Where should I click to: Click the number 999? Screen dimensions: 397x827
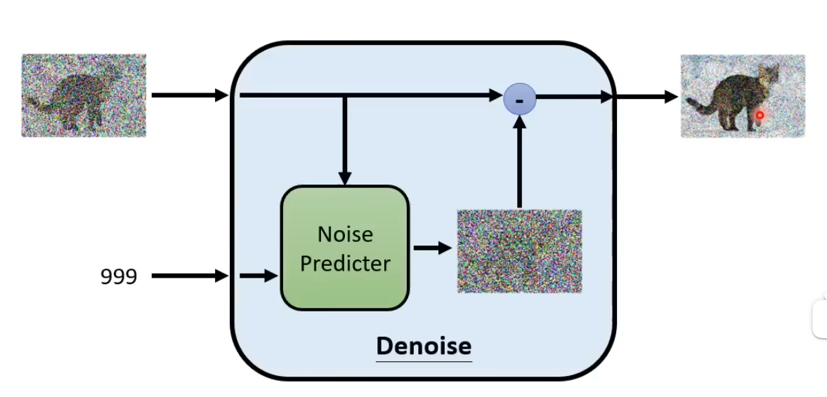[118, 277]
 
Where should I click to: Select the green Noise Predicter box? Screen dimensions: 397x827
[344, 248]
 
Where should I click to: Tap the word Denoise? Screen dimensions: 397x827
[423, 346]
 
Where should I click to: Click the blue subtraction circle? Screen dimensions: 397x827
[520, 100]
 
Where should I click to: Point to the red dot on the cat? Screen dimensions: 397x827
[760, 115]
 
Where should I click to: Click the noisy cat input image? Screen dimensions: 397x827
[84, 95]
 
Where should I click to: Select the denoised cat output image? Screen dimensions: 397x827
[742, 95]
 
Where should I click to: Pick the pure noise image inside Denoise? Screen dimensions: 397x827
[519, 251]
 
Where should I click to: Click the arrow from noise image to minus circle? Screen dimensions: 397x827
[519, 161]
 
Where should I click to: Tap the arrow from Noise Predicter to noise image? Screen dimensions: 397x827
[431, 248]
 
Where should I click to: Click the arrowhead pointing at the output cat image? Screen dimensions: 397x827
[671, 97]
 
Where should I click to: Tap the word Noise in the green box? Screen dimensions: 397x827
[344, 234]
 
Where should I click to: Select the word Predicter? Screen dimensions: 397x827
[344, 264]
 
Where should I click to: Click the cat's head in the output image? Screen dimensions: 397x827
[771, 74]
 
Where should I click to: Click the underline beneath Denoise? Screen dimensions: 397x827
[423, 361]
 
